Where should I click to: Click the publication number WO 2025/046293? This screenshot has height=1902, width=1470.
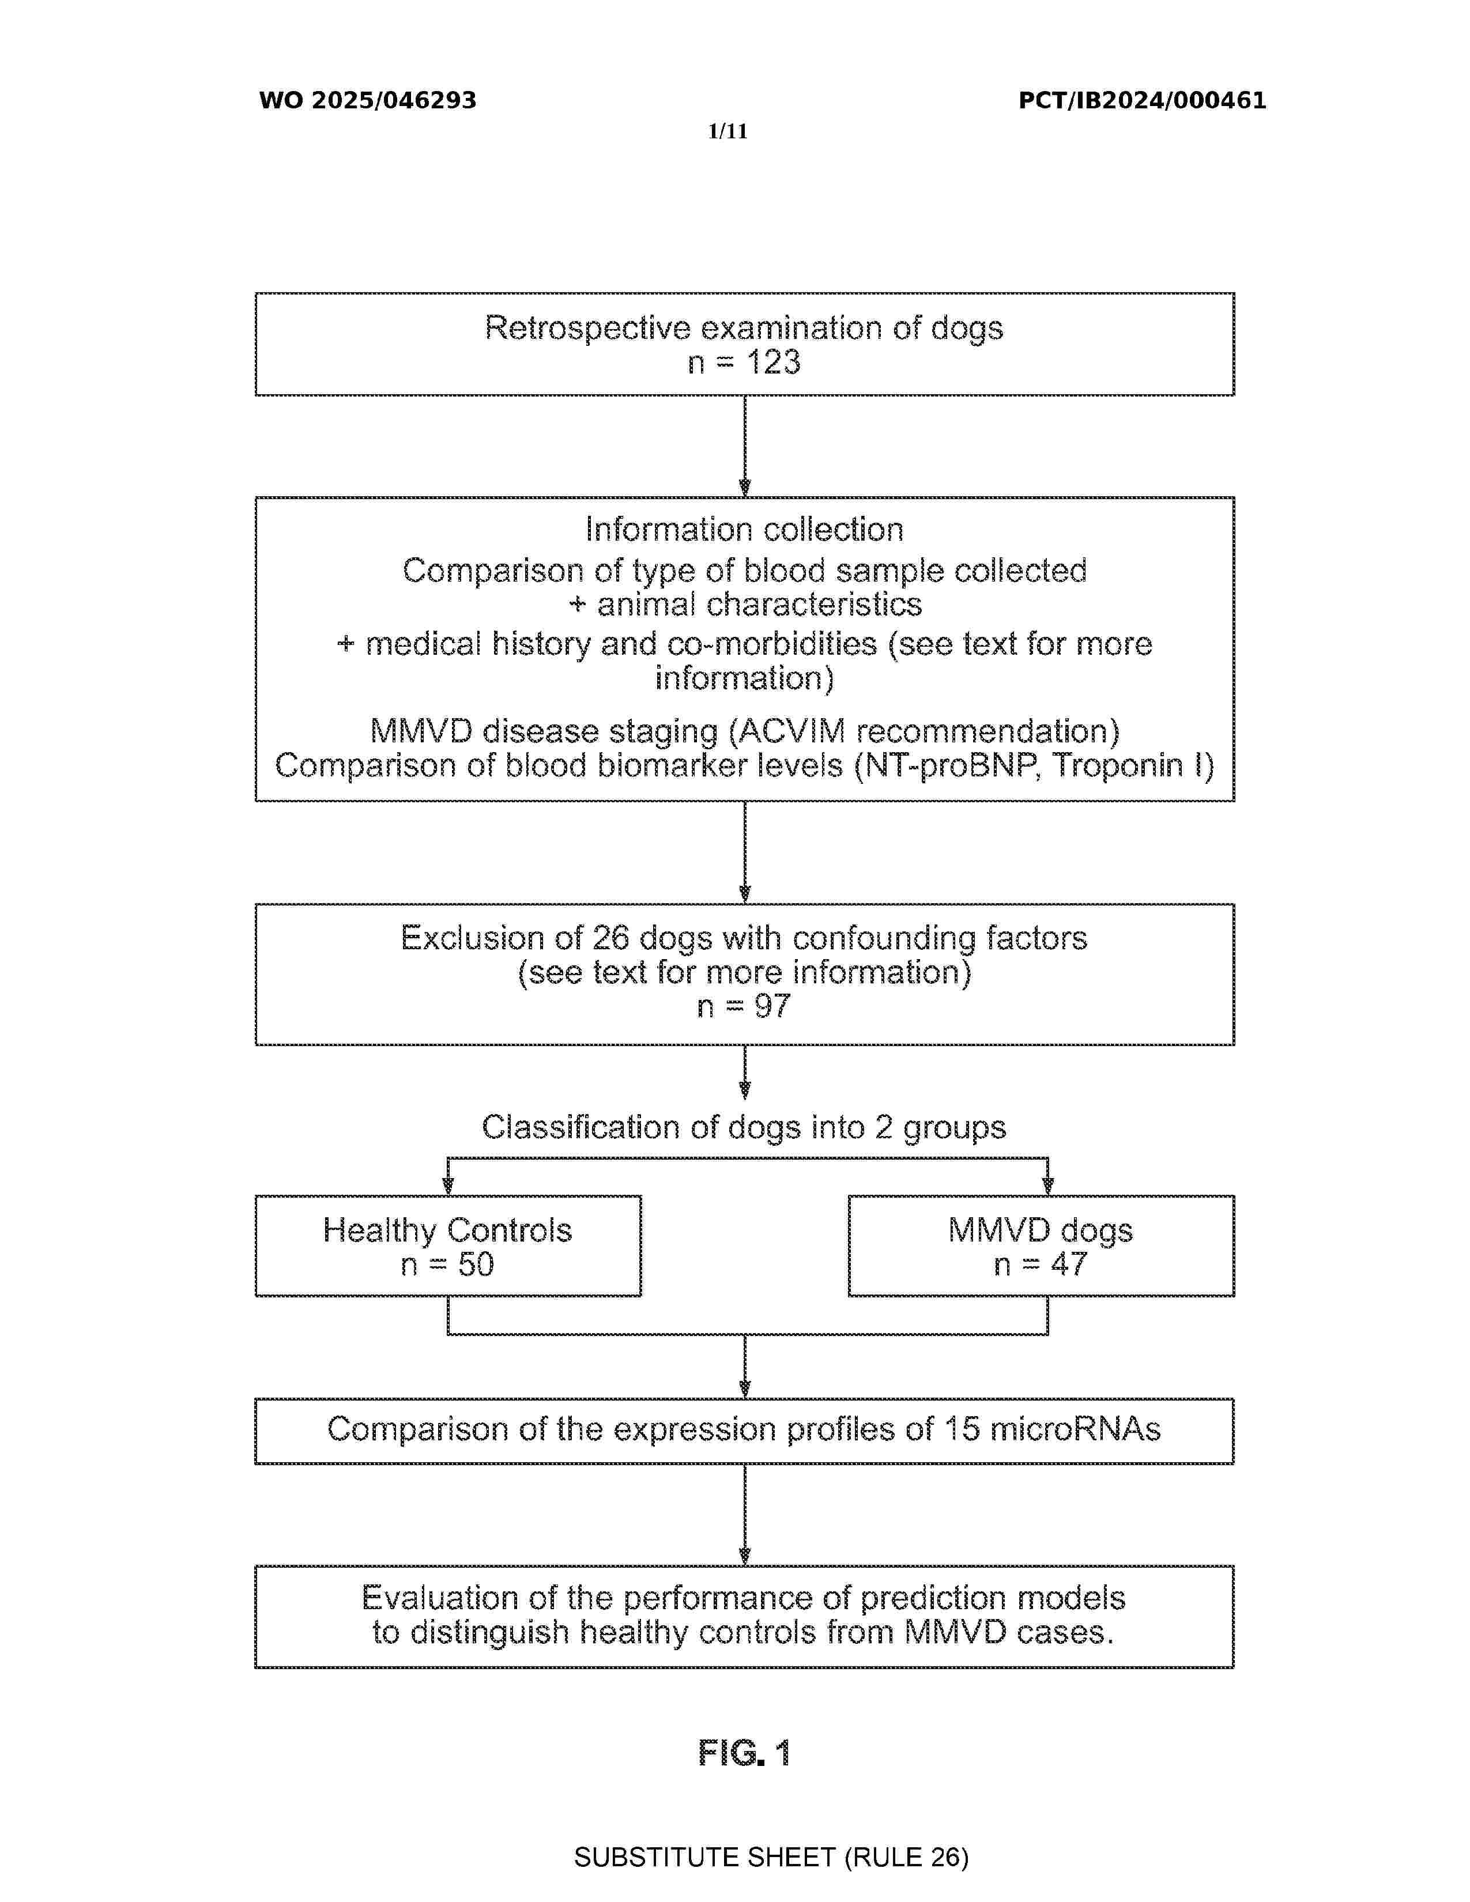coord(368,101)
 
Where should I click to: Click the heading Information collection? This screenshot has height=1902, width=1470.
coord(745,530)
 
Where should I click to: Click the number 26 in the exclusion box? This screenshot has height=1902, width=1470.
coord(610,938)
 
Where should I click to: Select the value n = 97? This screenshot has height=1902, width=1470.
coord(745,1007)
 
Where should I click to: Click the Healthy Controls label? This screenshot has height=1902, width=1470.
coord(447,1231)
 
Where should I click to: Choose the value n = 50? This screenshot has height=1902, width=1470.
coord(447,1265)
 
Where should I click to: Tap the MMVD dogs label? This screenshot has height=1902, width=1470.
coord(1041,1231)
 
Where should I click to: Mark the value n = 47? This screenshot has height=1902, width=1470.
coord(1041,1265)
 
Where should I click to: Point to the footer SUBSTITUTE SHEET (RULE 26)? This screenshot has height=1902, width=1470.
coord(771,1858)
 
